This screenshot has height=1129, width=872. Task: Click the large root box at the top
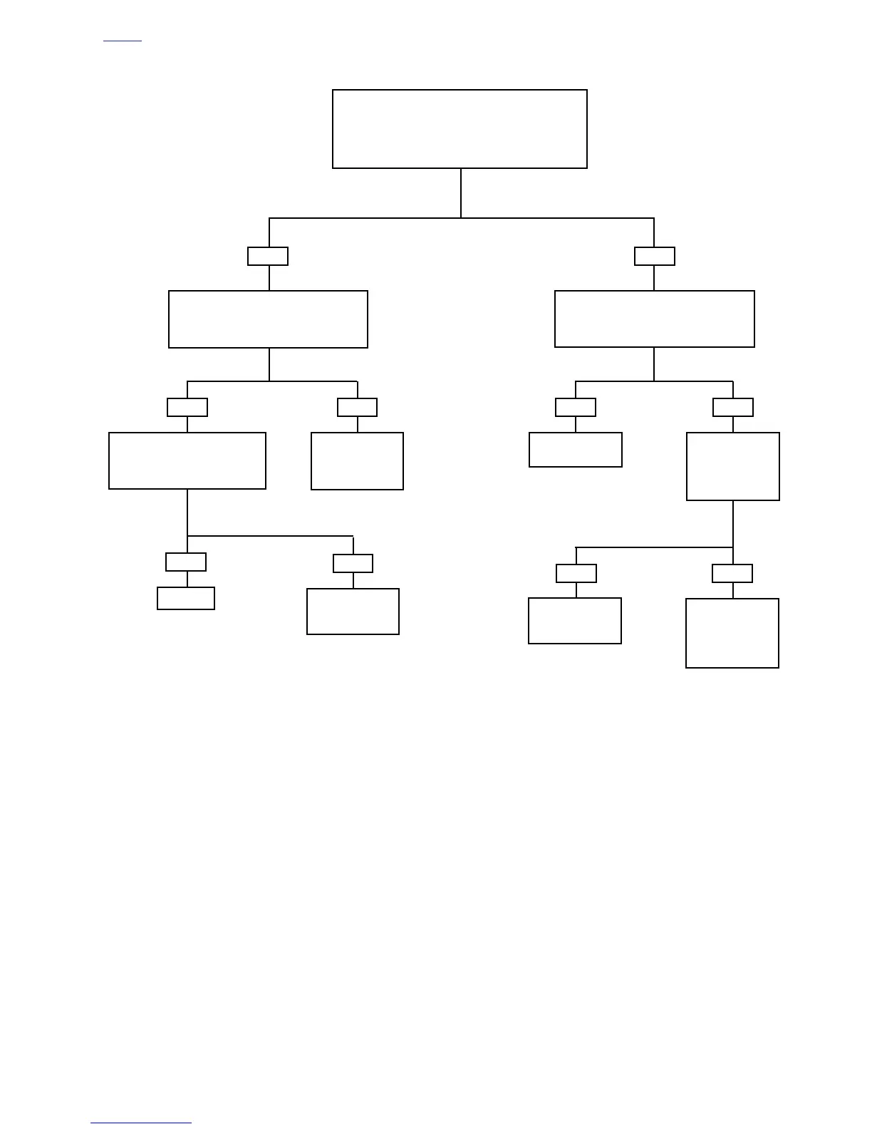coord(460,129)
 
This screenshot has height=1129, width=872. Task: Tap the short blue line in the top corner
coord(123,41)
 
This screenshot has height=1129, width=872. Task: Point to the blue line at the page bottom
coord(141,1123)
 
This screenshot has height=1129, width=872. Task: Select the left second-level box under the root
coord(268,319)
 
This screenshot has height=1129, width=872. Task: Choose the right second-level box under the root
coord(654,319)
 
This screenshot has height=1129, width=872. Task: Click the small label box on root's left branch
coord(268,256)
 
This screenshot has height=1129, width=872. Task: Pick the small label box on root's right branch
coord(654,256)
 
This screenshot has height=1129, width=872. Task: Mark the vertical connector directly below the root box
coord(461,193)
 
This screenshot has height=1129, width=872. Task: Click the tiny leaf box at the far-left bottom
coord(186,599)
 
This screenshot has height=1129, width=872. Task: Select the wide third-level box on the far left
coord(187,460)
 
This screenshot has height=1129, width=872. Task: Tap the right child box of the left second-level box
coord(357,461)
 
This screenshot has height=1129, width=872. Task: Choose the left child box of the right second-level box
coord(575,450)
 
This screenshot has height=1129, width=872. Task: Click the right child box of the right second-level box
coord(732,466)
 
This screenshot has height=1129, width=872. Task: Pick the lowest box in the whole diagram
coord(732,633)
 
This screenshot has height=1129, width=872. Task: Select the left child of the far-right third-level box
coord(574,621)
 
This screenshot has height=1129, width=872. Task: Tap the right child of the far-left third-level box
coord(353,612)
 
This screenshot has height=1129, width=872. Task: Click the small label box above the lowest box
coord(732,574)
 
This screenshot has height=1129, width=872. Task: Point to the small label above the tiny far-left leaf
coord(186,562)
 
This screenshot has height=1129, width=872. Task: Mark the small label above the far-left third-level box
coord(187,408)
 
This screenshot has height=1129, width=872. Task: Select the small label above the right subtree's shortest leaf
coord(576,408)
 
